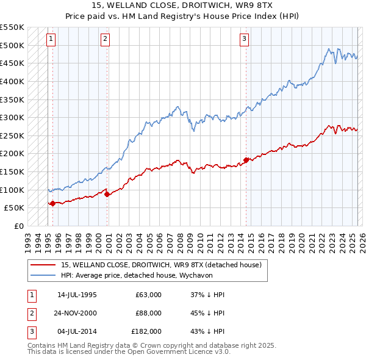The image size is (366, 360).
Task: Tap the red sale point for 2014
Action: (x=246, y=160)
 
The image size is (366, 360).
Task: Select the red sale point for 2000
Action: (x=107, y=194)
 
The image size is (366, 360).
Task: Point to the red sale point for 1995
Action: (x=52, y=203)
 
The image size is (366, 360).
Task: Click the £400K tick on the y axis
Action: (x=12, y=81)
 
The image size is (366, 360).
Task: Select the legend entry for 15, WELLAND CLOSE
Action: (x=161, y=265)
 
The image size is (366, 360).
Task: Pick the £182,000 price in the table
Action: (x=146, y=331)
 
